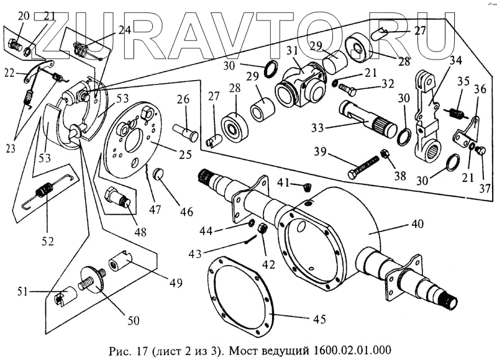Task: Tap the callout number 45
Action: point(319,320)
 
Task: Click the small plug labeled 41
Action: point(308,186)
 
